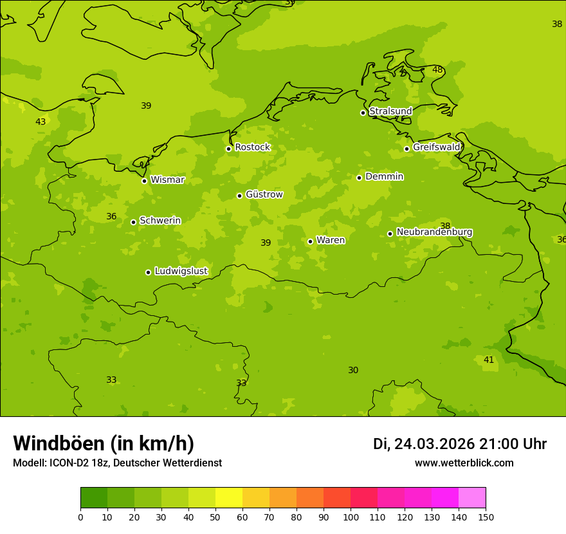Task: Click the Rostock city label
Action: (252, 147)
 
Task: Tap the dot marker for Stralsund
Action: (363, 113)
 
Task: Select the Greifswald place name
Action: (436, 147)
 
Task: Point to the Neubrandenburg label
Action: (434, 232)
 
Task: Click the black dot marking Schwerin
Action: (133, 222)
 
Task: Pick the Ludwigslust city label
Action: (181, 272)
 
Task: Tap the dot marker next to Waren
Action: (310, 241)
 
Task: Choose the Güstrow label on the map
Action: (264, 194)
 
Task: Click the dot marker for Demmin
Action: (359, 178)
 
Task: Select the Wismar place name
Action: (167, 180)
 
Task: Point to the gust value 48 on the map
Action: (437, 69)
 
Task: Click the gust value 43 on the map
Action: (41, 122)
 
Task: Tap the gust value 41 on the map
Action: (489, 360)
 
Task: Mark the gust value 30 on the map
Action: (353, 370)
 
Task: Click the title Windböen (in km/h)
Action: (104, 443)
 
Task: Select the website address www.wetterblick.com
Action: (464, 463)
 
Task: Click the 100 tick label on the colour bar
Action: (351, 517)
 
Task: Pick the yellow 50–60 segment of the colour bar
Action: (229, 498)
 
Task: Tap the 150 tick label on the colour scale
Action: (486, 517)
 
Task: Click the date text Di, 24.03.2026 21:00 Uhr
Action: (459, 444)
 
